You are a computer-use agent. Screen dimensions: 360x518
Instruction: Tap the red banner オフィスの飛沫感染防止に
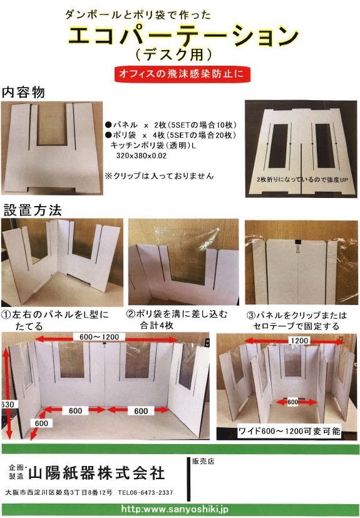pos(182,74)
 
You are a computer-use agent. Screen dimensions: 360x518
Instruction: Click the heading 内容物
pos(23,92)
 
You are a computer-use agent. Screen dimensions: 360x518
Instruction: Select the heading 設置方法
pos(33,210)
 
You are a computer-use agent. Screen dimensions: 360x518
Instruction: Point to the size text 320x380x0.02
pos(141,155)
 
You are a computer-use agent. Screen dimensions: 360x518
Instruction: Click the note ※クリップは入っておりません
pos(159,176)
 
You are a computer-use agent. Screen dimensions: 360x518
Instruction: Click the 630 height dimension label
pos(7,405)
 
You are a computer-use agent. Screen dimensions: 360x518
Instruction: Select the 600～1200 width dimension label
pos(100,336)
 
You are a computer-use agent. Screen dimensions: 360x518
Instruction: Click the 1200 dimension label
pos(299,341)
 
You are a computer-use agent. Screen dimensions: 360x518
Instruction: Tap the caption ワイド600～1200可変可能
pos(289,431)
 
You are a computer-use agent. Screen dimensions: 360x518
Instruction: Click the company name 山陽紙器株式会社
pos(96,473)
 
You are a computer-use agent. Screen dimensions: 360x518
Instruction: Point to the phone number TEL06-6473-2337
pos(145,492)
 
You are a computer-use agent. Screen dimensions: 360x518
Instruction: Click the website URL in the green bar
pos(175,509)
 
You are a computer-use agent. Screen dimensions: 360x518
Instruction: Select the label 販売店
pos(203,461)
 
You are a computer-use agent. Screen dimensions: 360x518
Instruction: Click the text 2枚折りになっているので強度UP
pos(302,180)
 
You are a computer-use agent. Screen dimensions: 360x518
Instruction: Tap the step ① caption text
pos(55,320)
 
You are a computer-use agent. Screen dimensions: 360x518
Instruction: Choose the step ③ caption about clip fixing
pos(297,321)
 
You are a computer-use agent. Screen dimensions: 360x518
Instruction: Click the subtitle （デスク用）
pos(173,55)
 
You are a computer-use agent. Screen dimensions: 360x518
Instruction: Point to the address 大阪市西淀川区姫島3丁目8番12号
pos(59,492)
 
